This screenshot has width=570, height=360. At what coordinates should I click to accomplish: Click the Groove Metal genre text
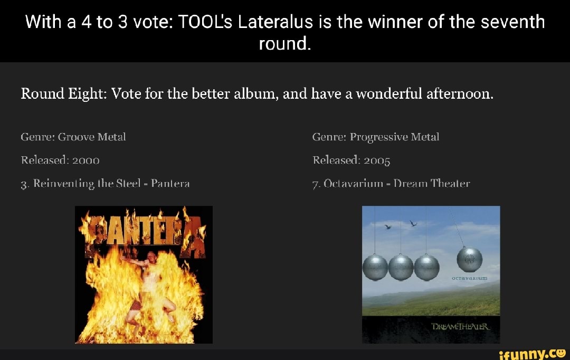pyautogui.click(x=92, y=137)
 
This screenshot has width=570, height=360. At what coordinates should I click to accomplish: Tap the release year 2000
pyautogui.click(x=83, y=160)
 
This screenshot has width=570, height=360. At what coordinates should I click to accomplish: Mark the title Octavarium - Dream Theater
pyautogui.click(x=391, y=183)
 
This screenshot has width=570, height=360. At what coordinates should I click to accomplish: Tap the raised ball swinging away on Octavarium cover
pyautogui.click(x=470, y=259)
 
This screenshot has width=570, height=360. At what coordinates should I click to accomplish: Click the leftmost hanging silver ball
pyautogui.click(x=375, y=268)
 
